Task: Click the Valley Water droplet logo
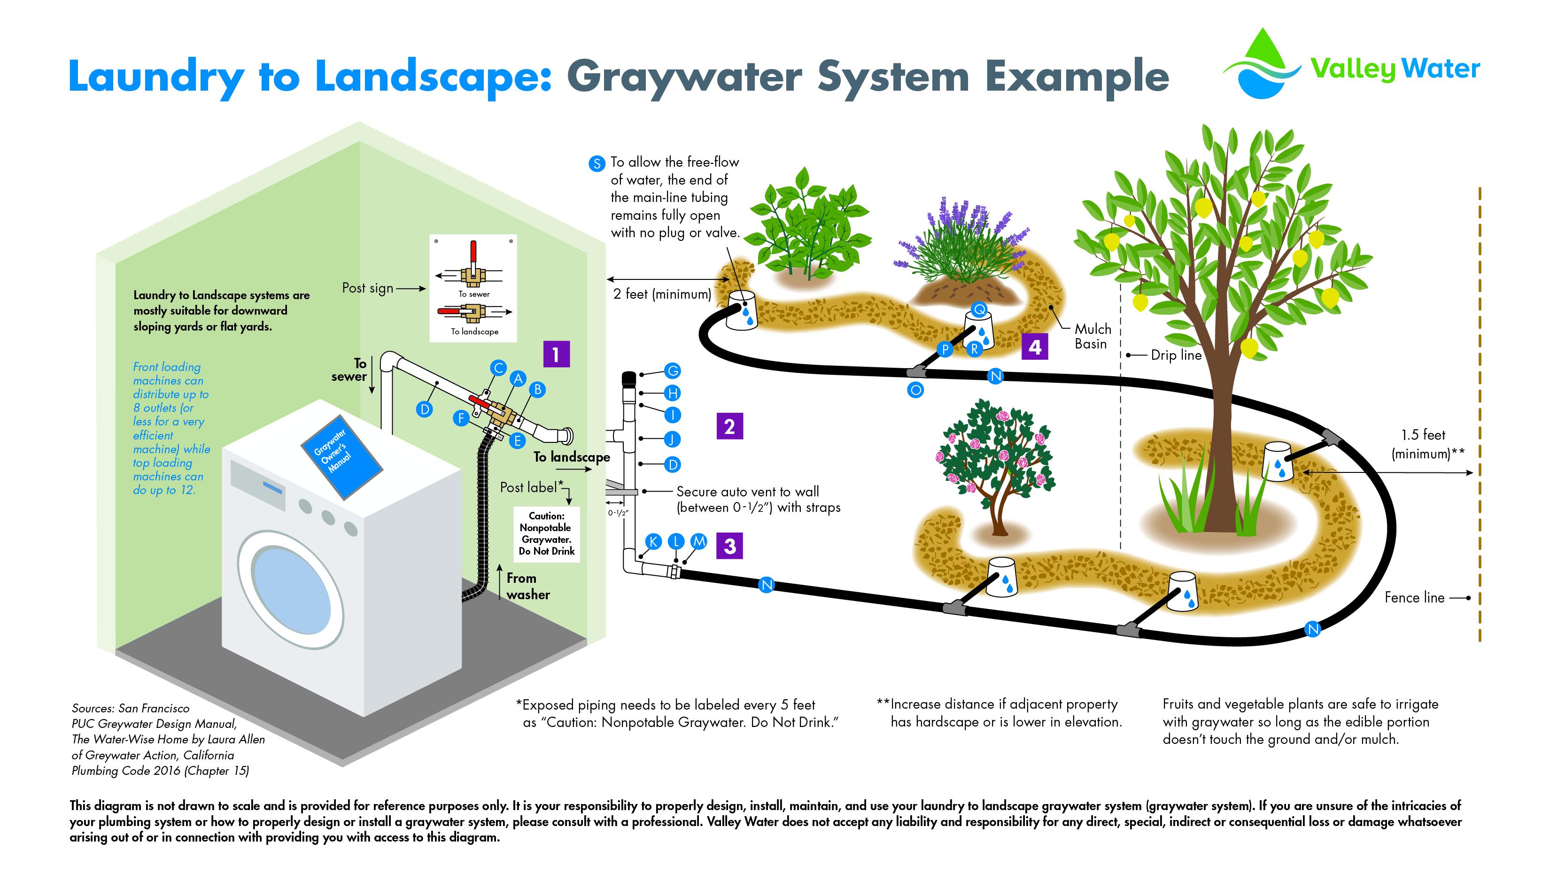pos(1262,65)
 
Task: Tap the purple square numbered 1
pos(556,354)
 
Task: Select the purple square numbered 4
pos(1035,348)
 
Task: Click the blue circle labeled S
pos(597,163)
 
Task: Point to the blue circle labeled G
pos(672,371)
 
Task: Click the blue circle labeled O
pos(915,390)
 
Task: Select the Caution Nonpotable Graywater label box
pos(546,533)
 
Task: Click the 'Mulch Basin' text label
pos(1093,336)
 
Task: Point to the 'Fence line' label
pos(1414,598)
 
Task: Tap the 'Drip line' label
pos(1176,355)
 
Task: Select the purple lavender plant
pos(962,248)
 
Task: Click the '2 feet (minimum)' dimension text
pos(661,294)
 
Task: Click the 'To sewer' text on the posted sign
pos(474,294)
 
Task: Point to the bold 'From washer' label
pos(527,587)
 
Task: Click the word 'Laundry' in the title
pos(156,77)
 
